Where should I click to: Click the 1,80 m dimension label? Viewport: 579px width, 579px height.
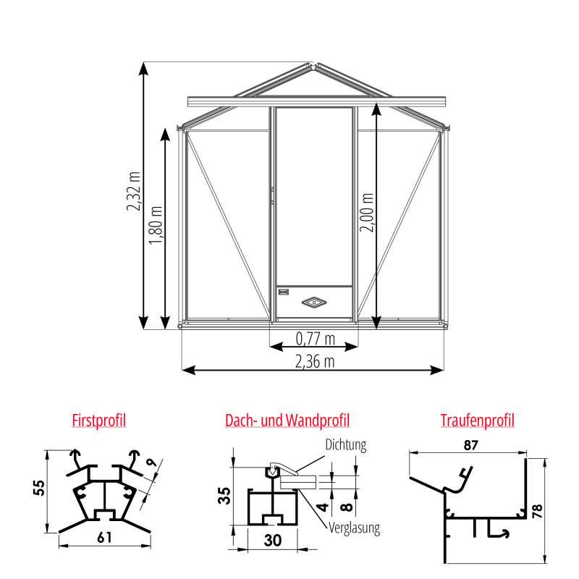pyautogui.click(x=156, y=224)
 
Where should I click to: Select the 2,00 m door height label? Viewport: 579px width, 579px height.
pyautogui.click(x=368, y=211)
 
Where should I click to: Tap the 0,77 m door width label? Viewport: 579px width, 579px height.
pyautogui.click(x=316, y=337)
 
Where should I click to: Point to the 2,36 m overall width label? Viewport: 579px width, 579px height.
pyautogui.click(x=316, y=360)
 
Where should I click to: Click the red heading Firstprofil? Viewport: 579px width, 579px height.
pyautogui.click(x=99, y=420)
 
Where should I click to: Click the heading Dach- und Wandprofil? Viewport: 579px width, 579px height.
pyautogui.click(x=287, y=420)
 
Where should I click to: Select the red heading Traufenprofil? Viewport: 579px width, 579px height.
pyautogui.click(x=477, y=420)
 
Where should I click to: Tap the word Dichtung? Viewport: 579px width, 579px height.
pyautogui.click(x=346, y=445)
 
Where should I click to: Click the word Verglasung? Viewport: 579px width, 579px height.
pyautogui.click(x=354, y=528)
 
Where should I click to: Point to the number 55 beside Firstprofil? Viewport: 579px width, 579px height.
pyautogui.click(x=38, y=489)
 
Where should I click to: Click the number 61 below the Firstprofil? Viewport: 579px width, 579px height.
pyautogui.click(x=105, y=538)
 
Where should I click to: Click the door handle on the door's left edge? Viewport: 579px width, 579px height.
pyautogui.click(x=273, y=194)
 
